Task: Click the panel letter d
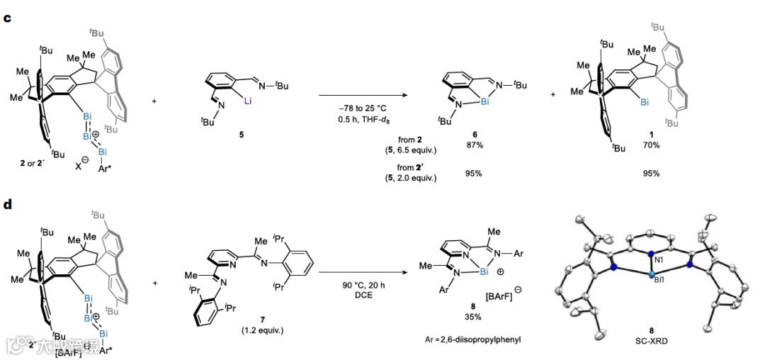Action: click(x=7, y=205)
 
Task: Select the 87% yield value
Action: click(x=470, y=145)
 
